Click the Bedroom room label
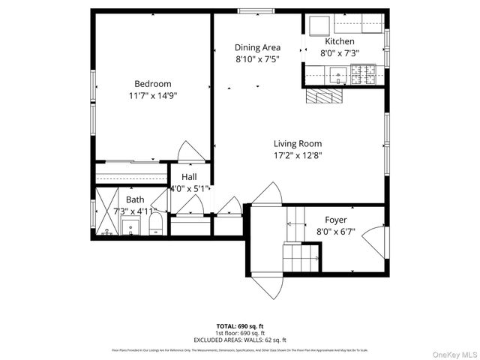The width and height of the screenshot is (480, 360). [x=153, y=83]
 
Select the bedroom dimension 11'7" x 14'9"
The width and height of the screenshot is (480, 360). [x=153, y=95]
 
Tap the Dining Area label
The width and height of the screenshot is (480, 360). [x=257, y=47]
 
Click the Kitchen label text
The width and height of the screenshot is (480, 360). [x=339, y=41]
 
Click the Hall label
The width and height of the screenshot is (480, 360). [x=189, y=177]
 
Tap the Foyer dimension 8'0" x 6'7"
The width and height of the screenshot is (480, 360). [x=335, y=232]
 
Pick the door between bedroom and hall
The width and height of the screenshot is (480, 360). [x=191, y=151]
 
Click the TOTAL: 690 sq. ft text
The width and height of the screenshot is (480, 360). [x=240, y=326]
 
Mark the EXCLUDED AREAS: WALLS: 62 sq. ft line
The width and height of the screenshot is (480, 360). [x=240, y=340]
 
